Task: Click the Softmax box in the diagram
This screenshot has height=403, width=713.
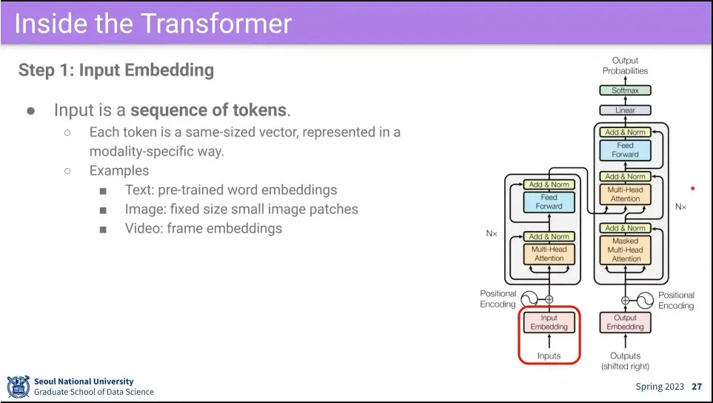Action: coord(625,90)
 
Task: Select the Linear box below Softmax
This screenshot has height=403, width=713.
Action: coord(625,110)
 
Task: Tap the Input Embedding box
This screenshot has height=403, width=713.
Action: coord(549,322)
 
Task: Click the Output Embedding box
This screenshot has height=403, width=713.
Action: coord(625,322)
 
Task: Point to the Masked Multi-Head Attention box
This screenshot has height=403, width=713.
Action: coord(626,250)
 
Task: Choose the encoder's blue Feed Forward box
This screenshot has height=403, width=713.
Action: coord(549,201)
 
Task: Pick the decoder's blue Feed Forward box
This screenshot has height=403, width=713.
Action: coord(625,150)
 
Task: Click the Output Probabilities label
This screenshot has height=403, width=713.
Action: coord(625,66)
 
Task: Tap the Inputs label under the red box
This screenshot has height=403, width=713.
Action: coord(549,356)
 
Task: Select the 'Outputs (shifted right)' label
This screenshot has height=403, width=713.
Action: coord(625,361)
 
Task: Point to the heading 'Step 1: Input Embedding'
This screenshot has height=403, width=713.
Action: coord(116,70)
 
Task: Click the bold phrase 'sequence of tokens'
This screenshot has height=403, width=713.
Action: coord(208,110)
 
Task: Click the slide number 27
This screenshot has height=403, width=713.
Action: coord(697,387)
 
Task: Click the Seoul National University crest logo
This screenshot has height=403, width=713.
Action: coord(18,386)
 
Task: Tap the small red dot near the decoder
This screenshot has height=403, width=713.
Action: coord(693,189)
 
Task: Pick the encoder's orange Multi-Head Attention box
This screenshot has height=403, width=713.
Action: coord(549,254)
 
